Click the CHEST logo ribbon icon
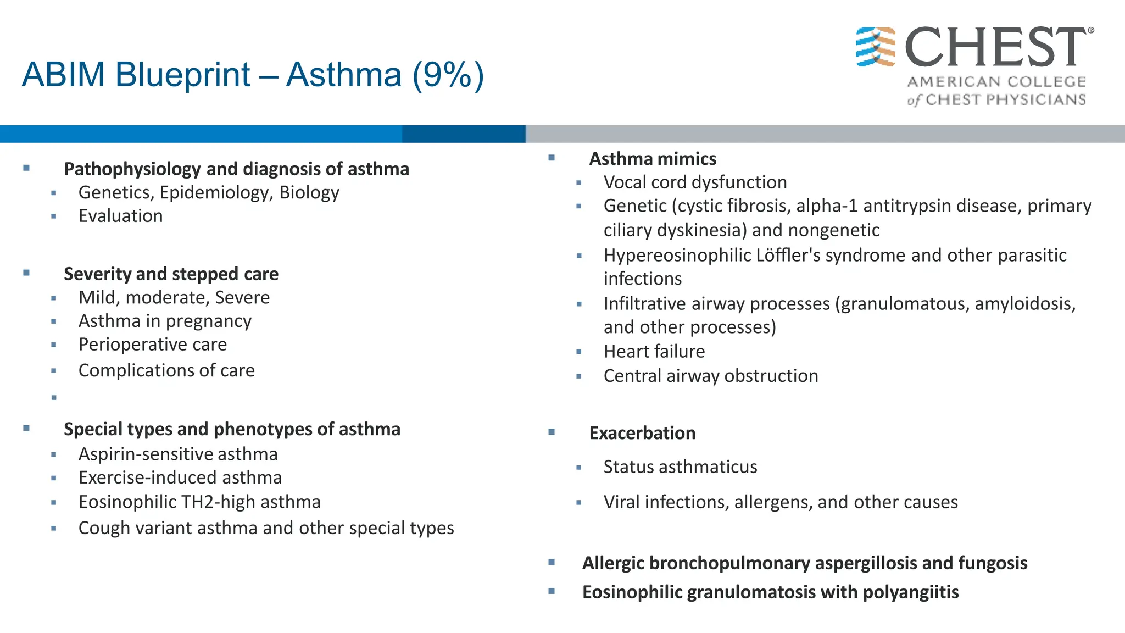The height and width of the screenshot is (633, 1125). [x=876, y=47]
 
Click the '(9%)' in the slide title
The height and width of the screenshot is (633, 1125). [x=448, y=75]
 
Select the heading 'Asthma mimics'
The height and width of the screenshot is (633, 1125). [x=653, y=159]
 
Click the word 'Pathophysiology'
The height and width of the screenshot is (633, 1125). [x=132, y=169]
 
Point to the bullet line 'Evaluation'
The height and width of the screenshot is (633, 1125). [x=120, y=216]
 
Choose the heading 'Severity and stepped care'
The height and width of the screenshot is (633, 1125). [x=171, y=274]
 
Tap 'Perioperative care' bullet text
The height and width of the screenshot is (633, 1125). [x=153, y=345]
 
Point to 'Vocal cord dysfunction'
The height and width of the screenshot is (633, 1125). [x=695, y=182]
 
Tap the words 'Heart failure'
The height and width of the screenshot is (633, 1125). [x=654, y=352]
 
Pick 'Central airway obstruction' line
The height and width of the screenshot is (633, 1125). [x=711, y=376]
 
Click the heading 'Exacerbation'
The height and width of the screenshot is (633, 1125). [x=642, y=434]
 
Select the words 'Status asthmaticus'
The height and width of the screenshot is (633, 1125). [x=680, y=467]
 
